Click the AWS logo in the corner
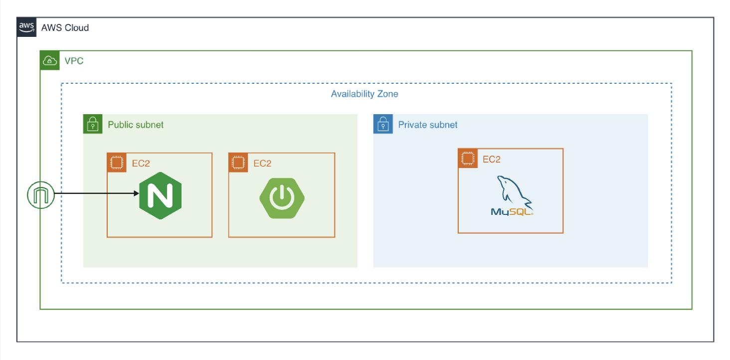coord(26,27)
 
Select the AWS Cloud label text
coord(65,28)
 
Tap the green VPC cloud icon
coord(49,61)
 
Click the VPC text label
coord(74,61)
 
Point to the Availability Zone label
coord(365,94)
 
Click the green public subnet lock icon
coord(93,124)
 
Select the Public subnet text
coord(136,125)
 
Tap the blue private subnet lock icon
coord(383,124)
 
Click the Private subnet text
coord(427,125)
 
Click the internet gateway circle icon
coord(41,195)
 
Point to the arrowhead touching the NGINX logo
coord(137,193)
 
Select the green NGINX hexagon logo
coord(161,195)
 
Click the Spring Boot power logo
coord(282,198)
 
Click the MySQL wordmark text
coord(512,212)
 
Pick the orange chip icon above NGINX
coord(117,163)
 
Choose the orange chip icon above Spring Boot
coord(238,163)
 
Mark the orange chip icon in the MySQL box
coord(468,159)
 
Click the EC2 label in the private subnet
coord(492,160)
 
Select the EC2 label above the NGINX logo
coord(141,163)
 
